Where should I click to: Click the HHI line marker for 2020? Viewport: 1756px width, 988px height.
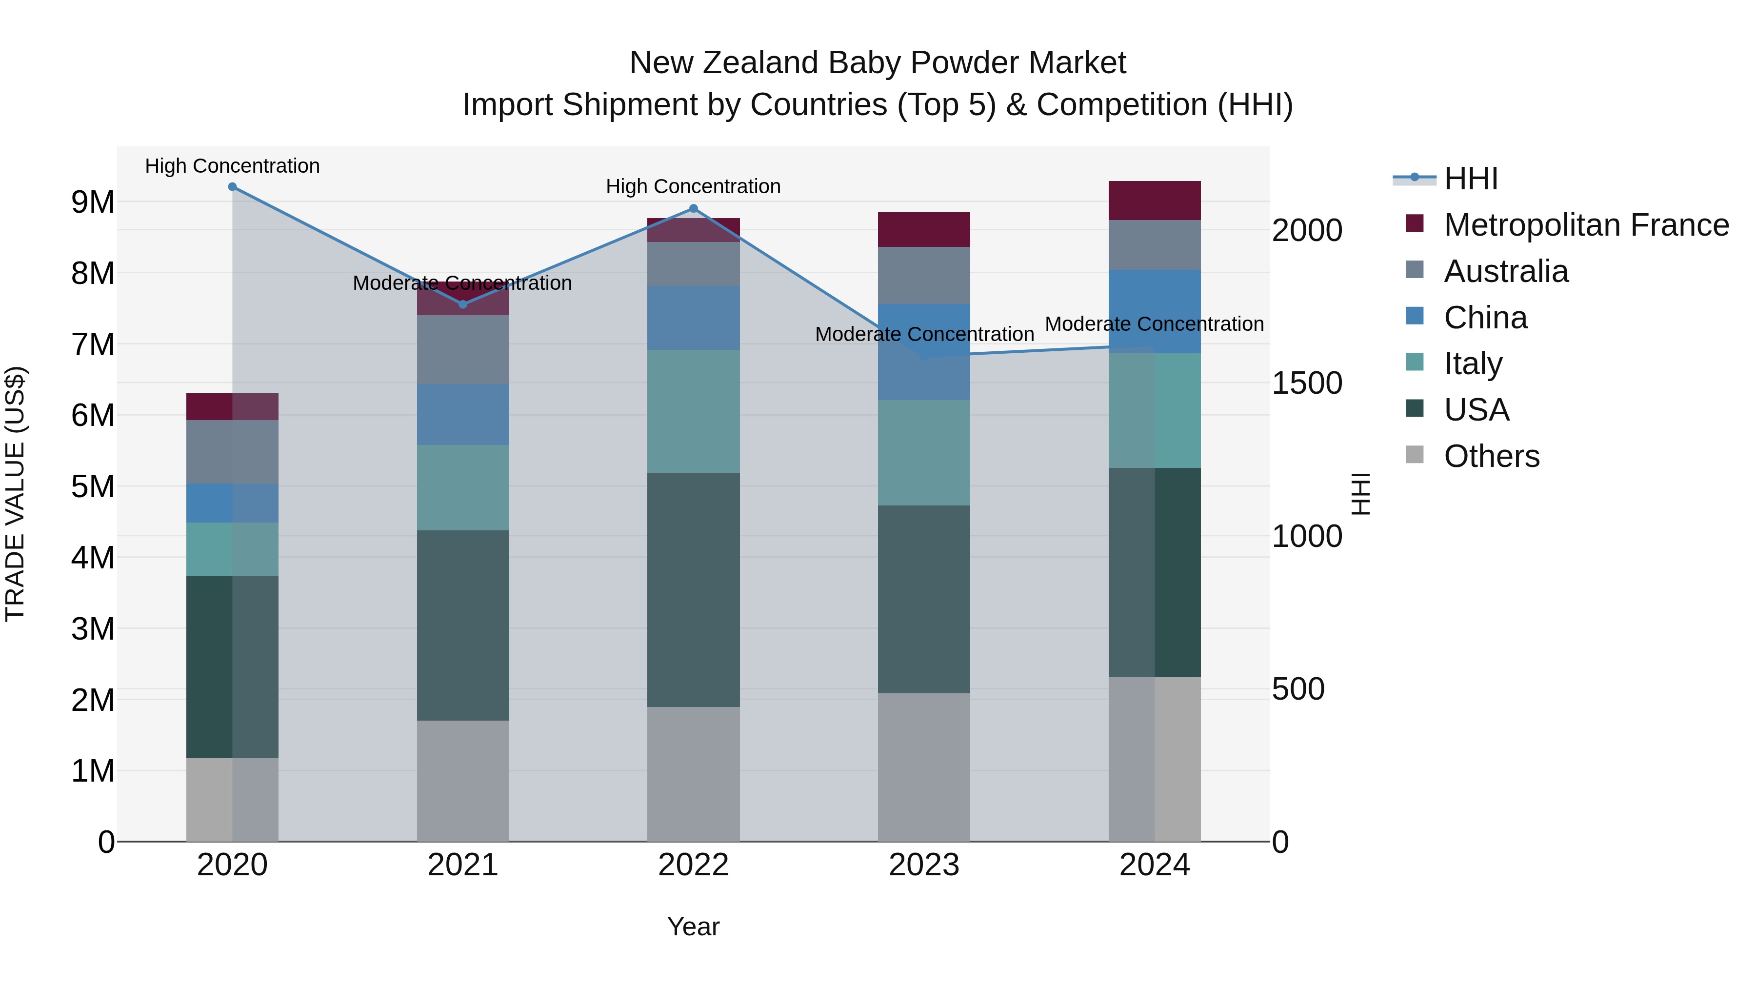(x=233, y=187)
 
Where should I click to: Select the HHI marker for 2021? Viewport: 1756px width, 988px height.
(x=463, y=304)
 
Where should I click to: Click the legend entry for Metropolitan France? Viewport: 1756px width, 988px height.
(x=1586, y=225)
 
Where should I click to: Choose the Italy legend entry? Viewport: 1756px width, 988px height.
(x=1473, y=363)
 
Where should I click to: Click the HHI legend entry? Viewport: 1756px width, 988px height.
(x=1470, y=179)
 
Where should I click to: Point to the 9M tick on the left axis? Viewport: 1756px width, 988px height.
(x=93, y=202)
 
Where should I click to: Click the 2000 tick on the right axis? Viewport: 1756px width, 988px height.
(x=1307, y=230)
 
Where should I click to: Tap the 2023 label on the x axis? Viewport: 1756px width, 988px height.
(x=924, y=865)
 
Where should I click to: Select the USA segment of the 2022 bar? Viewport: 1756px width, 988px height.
(x=693, y=590)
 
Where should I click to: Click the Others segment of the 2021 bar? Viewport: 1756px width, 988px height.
(x=463, y=781)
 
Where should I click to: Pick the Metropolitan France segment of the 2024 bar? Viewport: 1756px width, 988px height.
(x=1154, y=201)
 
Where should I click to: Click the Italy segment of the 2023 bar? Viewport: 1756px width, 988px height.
(x=924, y=453)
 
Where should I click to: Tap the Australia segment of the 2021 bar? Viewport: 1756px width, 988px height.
(x=463, y=349)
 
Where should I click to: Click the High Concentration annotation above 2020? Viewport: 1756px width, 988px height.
(x=233, y=166)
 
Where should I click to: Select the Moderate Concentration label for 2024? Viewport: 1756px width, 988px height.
(x=1154, y=324)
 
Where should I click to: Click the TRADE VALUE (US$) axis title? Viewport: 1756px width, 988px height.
(x=15, y=494)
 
